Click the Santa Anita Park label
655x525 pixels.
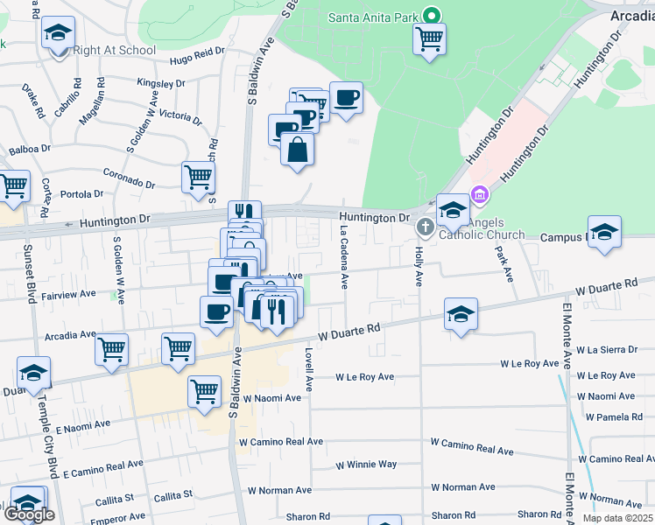point(374,17)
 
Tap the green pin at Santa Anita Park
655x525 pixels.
point(431,16)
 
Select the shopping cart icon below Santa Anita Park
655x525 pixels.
point(429,38)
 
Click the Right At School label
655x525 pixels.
point(115,50)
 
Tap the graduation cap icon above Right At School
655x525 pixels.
point(59,34)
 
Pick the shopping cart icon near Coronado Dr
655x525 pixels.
point(199,177)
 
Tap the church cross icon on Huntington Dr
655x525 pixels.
point(425,227)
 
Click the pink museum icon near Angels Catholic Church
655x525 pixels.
point(479,193)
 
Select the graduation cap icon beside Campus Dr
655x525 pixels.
point(604,232)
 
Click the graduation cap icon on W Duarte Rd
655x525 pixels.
point(461,313)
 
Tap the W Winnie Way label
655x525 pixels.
point(366,464)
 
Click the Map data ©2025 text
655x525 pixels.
point(616,518)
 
